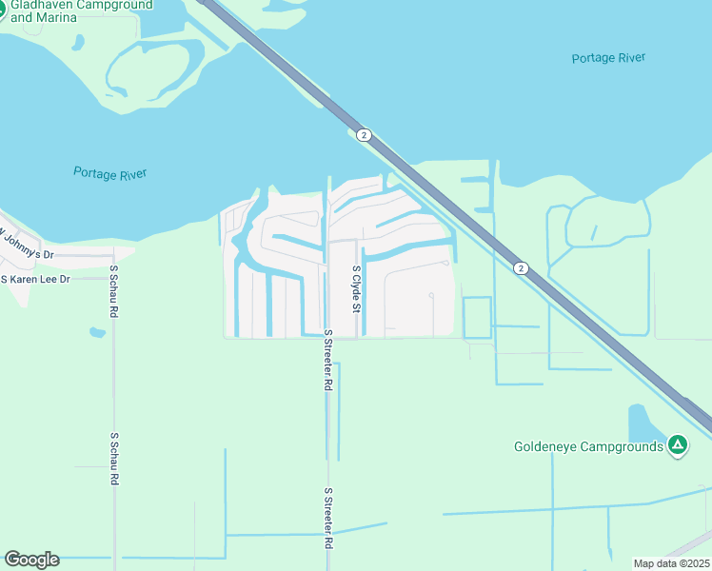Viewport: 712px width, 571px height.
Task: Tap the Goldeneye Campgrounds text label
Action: click(x=588, y=445)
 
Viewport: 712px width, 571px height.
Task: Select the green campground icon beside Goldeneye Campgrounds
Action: click(x=677, y=444)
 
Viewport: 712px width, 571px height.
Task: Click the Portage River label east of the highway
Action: click(x=608, y=58)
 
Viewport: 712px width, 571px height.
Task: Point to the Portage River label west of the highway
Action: click(x=109, y=173)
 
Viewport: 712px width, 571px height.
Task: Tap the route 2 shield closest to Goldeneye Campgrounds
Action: click(x=520, y=268)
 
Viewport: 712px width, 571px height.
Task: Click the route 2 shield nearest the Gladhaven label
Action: click(x=364, y=135)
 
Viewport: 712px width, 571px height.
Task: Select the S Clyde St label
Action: click(x=356, y=289)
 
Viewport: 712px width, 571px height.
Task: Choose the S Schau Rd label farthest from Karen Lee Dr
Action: click(x=113, y=460)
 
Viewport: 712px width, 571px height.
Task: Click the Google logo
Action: click(x=31, y=560)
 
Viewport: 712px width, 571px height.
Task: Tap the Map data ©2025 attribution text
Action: click(x=671, y=563)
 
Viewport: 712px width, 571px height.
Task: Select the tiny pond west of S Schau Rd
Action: click(x=97, y=333)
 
